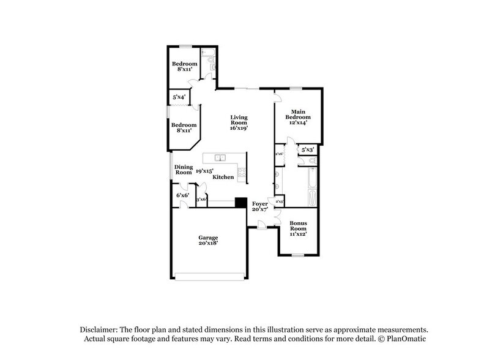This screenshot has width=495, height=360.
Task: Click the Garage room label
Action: (208, 240)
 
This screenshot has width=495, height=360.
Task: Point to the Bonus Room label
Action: (298, 228)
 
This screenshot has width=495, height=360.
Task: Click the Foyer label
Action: (260, 204)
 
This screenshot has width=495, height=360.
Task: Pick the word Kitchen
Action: (223, 177)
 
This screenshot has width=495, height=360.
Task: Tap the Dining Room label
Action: (184, 170)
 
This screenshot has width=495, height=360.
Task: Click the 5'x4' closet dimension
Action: (179, 97)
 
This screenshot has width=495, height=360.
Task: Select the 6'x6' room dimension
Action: (182, 195)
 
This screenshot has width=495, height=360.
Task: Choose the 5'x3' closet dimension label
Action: (307, 149)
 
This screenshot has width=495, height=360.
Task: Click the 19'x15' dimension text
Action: (204, 171)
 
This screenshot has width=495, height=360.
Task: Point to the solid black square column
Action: (240, 203)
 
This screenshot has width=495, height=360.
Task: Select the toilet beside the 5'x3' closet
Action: (312, 161)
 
